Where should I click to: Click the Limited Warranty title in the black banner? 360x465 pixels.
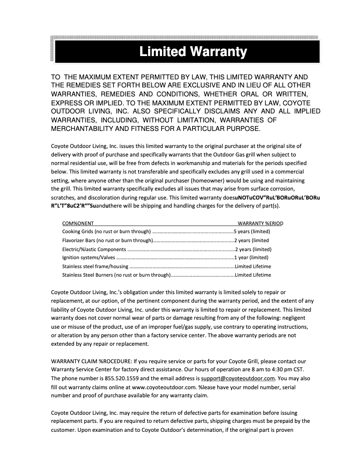(x=193, y=52)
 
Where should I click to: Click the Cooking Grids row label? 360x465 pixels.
(x=106, y=232)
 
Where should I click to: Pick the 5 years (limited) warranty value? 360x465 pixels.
(x=252, y=232)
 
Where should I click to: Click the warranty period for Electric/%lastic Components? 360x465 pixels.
(x=254, y=249)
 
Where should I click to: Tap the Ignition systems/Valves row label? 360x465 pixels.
(x=89, y=257)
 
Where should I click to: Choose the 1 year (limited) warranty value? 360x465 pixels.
(x=251, y=257)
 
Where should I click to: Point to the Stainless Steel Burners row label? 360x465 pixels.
(x=116, y=275)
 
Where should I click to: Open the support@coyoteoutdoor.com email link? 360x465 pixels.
(x=238, y=378)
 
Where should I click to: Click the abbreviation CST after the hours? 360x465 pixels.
(x=298, y=369)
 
